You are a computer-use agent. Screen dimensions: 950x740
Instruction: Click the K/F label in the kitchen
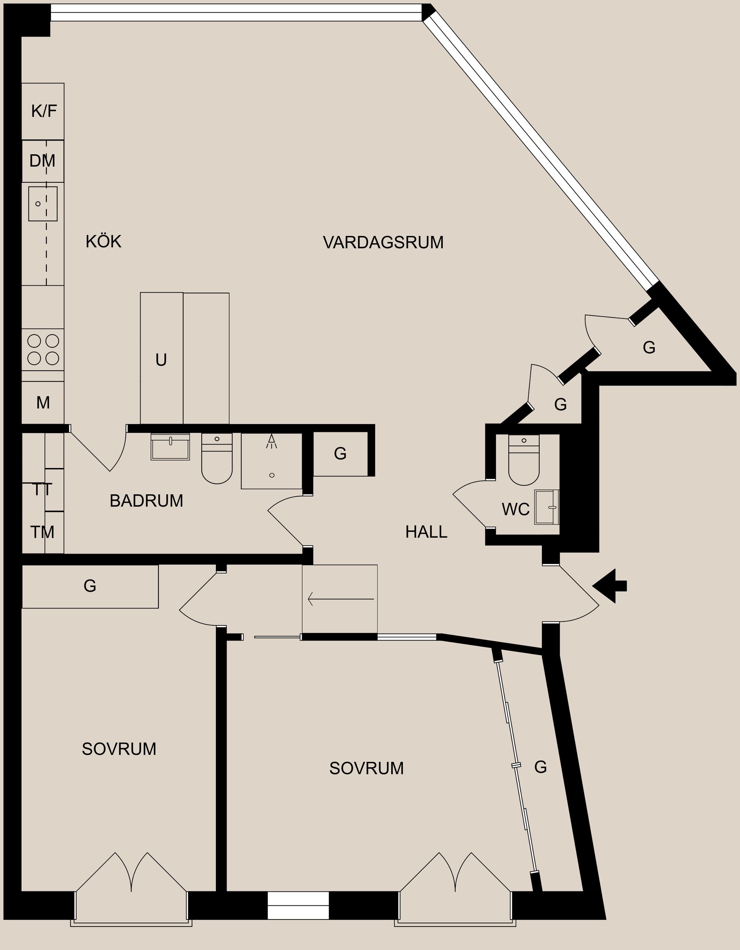pyautogui.click(x=44, y=111)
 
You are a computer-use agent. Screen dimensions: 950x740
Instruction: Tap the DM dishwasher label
pyautogui.click(x=42, y=161)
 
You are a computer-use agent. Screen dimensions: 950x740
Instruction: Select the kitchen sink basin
pyautogui.click(x=43, y=204)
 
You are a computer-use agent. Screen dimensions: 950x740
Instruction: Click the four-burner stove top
pyautogui.click(x=43, y=349)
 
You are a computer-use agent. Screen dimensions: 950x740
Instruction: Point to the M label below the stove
pyautogui.click(x=43, y=403)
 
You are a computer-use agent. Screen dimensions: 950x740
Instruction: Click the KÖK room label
pyautogui.click(x=103, y=241)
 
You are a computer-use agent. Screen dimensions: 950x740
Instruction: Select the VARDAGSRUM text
pyautogui.click(x=383, y=242)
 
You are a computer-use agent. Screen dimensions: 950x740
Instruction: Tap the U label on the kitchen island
pyautogui.click(x=161, y=360)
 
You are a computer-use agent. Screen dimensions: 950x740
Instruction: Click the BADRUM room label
pyautogui.click(x=146, y=501)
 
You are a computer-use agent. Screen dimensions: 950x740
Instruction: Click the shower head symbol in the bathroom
pyautogui.click(x=272, y=441)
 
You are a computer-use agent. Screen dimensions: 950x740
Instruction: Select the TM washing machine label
pyautogui.click(x=42, y=532)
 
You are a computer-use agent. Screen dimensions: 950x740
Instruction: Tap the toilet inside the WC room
pyautogui.click(x=523, y=461)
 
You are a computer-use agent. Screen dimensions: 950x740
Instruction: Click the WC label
pyautogui.click(x=515, y=509)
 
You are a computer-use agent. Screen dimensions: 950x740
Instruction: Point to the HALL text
pyautogui.click(x=426, y=532)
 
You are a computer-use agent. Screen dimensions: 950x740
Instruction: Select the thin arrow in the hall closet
pyautogui.click(x=340, y=599)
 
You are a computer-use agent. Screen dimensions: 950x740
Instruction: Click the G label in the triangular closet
pyautogui.click(x=649, y=347)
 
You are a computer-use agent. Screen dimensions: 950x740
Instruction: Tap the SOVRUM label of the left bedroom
pyautogui.click(x=119, y=749)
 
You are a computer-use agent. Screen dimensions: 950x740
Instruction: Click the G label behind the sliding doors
pyautogui.click(x=540, y=767)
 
